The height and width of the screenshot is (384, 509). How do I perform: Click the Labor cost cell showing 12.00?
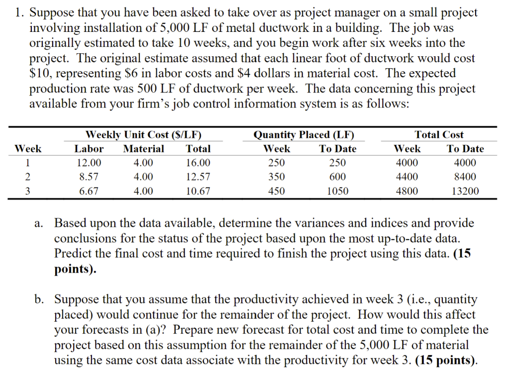click(89, 163)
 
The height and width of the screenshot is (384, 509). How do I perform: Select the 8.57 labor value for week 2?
click(89, 177)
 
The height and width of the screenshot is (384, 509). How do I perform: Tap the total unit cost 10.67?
click(198, 191)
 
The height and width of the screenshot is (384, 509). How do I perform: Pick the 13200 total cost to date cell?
click(465, 191)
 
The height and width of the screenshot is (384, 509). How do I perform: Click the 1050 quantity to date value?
click(338, 191)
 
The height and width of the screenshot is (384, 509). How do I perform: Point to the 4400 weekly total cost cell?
click(407, 177)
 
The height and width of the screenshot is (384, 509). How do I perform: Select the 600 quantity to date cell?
click(338, 177)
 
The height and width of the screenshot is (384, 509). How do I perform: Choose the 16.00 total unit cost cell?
click(198, 163)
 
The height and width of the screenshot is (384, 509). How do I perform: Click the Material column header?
click(143, 149)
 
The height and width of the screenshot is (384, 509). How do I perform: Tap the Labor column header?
click(89, 149)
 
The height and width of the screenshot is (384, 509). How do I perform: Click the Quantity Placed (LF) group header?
click(304, 135)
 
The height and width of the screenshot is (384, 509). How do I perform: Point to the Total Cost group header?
click(439, 135)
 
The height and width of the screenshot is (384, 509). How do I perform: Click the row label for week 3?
click(28, 191)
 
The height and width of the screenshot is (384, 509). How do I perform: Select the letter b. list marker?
click(39, 299)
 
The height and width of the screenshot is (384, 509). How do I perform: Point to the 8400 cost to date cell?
click(465, 177)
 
